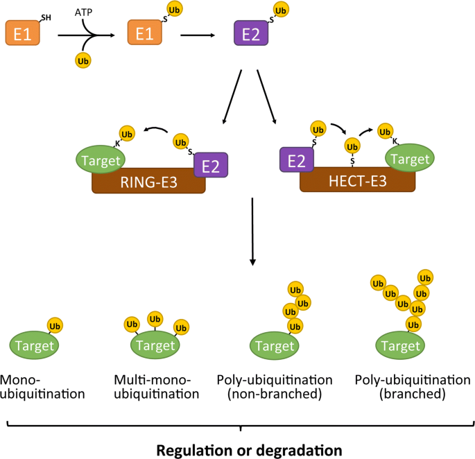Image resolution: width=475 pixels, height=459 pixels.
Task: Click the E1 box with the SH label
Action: tap(22, 33)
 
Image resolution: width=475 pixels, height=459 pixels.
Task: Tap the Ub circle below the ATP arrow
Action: tap(83, 61)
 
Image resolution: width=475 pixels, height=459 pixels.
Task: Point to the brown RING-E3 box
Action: tap(148, 182)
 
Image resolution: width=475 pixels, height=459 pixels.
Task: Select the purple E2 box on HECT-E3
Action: tap(296, 161)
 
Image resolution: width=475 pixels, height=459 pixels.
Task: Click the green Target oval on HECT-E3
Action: tap(409, 159)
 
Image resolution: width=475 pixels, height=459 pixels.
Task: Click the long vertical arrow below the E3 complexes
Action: tap(252, 232)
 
